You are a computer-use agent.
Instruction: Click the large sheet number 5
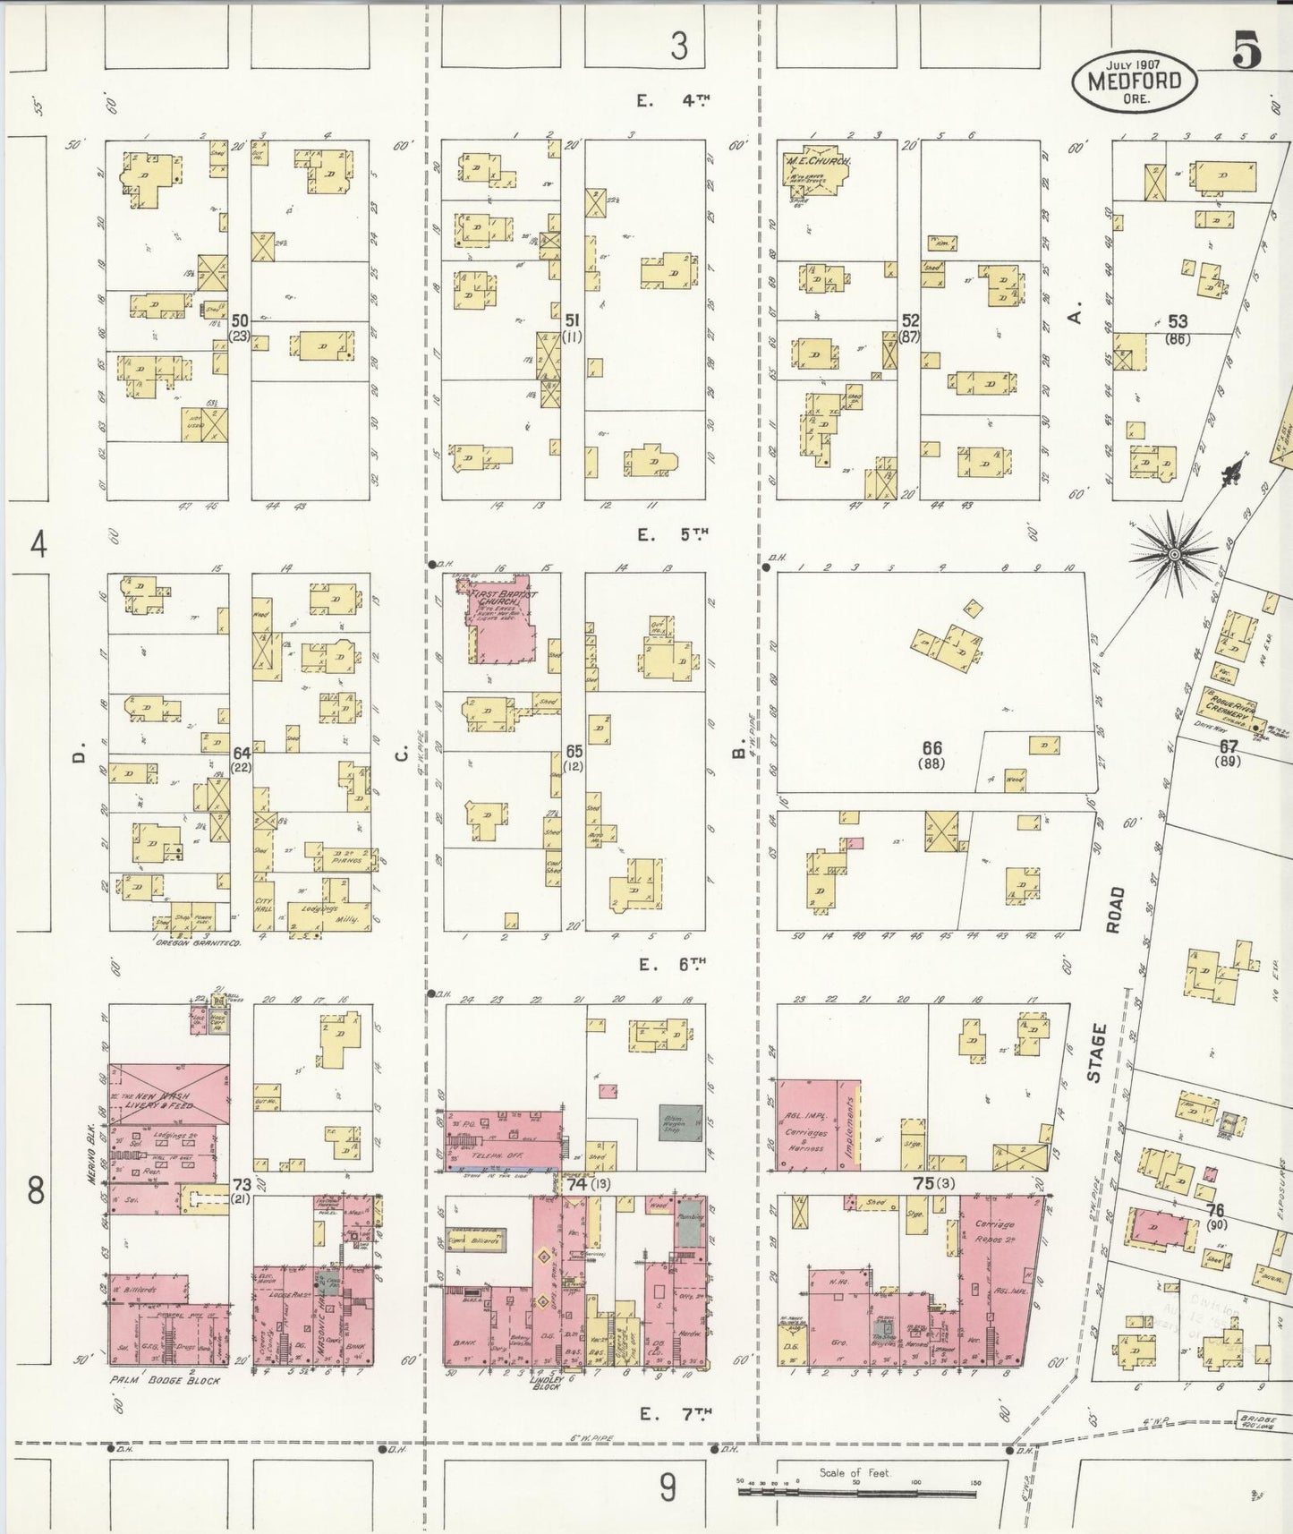pos(1246,50)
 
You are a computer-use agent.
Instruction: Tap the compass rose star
pos(1173,554)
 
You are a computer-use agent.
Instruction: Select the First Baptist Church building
pos(502,622)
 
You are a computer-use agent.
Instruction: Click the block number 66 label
pos(932,747)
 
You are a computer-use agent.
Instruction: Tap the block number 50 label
pos(239,320)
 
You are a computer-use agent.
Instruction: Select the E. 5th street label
pos(672,535)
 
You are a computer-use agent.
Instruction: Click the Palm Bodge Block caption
pos(166,1380)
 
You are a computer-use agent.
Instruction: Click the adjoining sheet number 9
pos(668,1487)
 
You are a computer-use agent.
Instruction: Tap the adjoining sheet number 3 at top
pos(680,45)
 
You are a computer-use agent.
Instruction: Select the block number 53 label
pos(1178,321)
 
